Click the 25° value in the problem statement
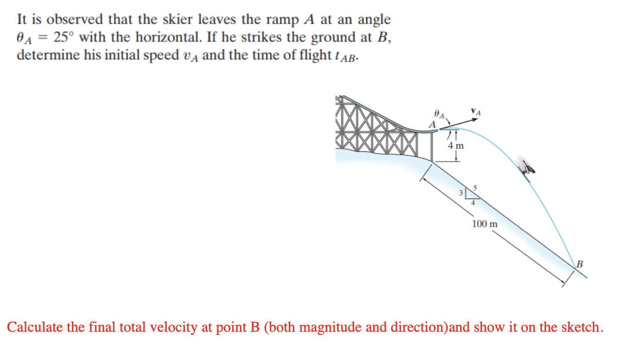point(61,37)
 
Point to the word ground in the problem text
point(332,37)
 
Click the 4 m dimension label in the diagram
point(455,146)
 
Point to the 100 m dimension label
point(484,224)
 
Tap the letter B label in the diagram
point(579,264)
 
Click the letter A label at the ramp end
point(432,124)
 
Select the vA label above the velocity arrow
point(476,112)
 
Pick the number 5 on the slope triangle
point(475,187)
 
